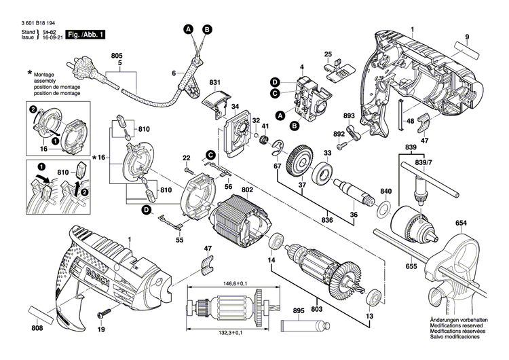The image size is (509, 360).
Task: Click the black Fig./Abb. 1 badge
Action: pyautogui.click(x=87, y=33)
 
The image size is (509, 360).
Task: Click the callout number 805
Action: pyautogui.click(x=117, y=54)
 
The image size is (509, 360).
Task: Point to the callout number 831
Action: pyautogui.click(x=216, y=83)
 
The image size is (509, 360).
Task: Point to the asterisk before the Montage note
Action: pyautogui.click(x=30, y=72)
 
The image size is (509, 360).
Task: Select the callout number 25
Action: pyautogui.click(x=328, y=54)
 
